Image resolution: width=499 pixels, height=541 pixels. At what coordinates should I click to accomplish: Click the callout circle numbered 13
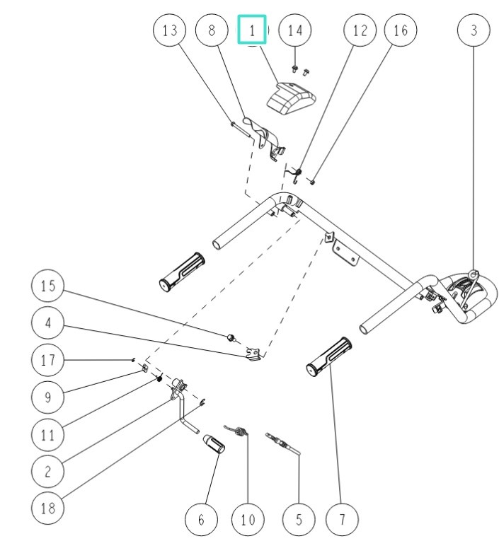[169, 30]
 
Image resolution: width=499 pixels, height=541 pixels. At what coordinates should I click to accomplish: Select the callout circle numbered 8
[212, 30]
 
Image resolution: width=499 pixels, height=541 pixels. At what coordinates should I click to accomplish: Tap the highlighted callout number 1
[252, 30]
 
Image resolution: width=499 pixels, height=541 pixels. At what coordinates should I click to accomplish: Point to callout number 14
[295, 30]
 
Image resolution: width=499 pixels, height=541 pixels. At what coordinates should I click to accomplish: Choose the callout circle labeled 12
[360, 30]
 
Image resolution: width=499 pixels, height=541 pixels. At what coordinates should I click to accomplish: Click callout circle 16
[401, 30]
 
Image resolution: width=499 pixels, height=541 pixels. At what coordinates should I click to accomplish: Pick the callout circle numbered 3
[474, 30]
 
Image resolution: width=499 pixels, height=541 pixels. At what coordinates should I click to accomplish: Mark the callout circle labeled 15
[47, 286]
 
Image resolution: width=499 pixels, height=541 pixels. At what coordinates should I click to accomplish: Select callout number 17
[47, 360]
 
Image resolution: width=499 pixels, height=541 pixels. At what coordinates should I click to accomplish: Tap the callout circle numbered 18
[47, 508]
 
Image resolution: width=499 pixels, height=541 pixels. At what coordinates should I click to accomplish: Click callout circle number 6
[201, 519]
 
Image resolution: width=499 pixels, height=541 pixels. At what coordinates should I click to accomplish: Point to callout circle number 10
[248, 519]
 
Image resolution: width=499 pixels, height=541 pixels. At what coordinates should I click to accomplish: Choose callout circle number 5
[299, 519]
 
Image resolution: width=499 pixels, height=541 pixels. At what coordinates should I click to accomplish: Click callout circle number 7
[342, 519]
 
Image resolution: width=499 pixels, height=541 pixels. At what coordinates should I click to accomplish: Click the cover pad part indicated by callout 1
[292, 99]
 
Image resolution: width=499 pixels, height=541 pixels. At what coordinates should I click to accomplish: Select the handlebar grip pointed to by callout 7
[329, 356]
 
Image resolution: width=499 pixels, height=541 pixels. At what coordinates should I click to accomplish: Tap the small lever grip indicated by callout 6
[214, 444]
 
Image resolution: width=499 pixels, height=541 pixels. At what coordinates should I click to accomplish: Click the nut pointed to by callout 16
[312, 182]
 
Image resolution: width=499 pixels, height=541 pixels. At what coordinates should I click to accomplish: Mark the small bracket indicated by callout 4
[253, 354]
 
